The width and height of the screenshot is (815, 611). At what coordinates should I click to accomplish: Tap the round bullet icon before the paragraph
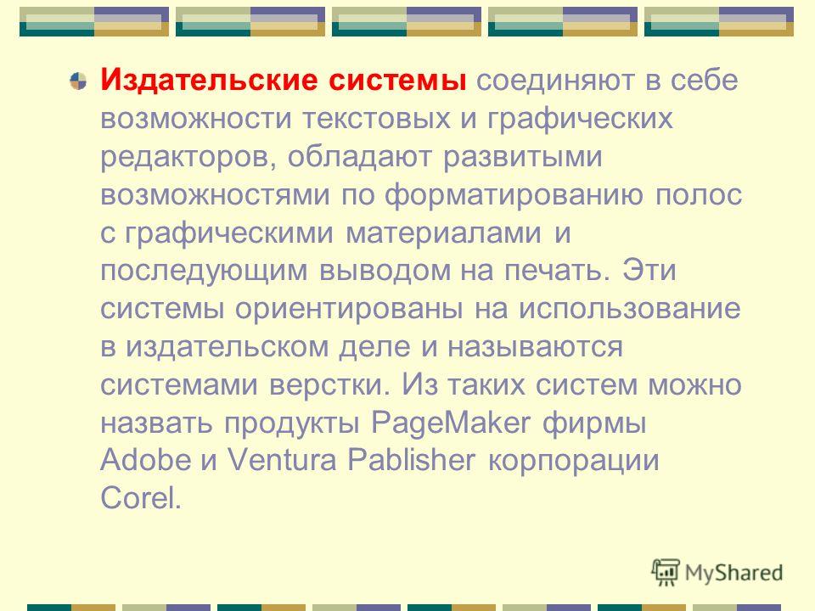(78, 81)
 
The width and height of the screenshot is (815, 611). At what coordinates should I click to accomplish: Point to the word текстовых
(376, 119)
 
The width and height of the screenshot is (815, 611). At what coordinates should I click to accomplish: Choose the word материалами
(443, 233)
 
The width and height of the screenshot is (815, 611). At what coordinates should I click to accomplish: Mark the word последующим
(205, 272)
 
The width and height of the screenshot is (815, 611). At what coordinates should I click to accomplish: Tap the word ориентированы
(349, 310)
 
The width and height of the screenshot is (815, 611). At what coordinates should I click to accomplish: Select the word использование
(629, 309)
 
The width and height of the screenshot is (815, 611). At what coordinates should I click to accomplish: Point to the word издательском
(228, 347)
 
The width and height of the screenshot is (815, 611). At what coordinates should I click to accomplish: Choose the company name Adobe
(145, 460)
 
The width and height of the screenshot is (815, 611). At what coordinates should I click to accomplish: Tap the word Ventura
(282, 460)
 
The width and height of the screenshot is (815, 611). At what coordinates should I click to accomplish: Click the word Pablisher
(411, 460)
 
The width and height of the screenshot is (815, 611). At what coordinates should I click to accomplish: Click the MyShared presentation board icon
(666, 572)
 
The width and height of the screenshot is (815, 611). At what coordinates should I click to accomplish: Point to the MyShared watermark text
(733, 573)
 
